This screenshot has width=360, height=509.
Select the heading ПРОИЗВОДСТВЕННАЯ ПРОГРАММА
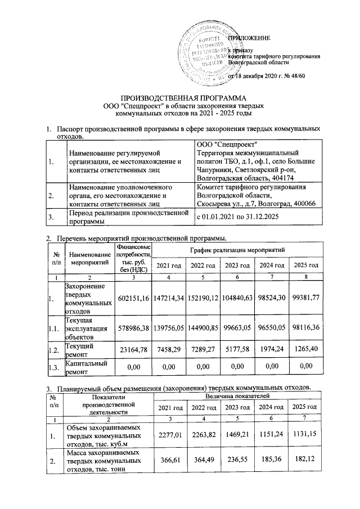pos(179,97)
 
